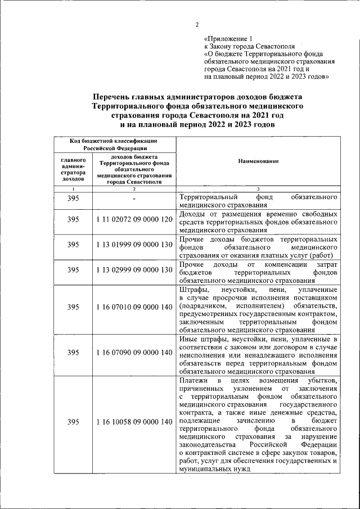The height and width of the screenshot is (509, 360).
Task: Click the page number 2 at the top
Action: point(197,24)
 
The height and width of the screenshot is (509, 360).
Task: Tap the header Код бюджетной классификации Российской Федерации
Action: point(113,144)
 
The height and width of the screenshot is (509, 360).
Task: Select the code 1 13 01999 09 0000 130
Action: point(133,245)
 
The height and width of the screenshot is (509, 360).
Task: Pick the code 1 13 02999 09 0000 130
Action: point(133,270)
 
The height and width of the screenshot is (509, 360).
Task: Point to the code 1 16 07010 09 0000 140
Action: point(133,307)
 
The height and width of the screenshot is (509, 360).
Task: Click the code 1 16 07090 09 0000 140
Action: point(133,353)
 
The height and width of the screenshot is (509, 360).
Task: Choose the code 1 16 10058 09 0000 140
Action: point(133,422)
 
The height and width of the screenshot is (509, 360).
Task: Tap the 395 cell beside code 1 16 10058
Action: point(73,422)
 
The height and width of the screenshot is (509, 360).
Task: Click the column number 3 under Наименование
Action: point(258,188)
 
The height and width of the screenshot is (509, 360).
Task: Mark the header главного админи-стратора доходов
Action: point(73,169)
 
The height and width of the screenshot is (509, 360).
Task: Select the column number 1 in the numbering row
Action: point(73,188)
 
